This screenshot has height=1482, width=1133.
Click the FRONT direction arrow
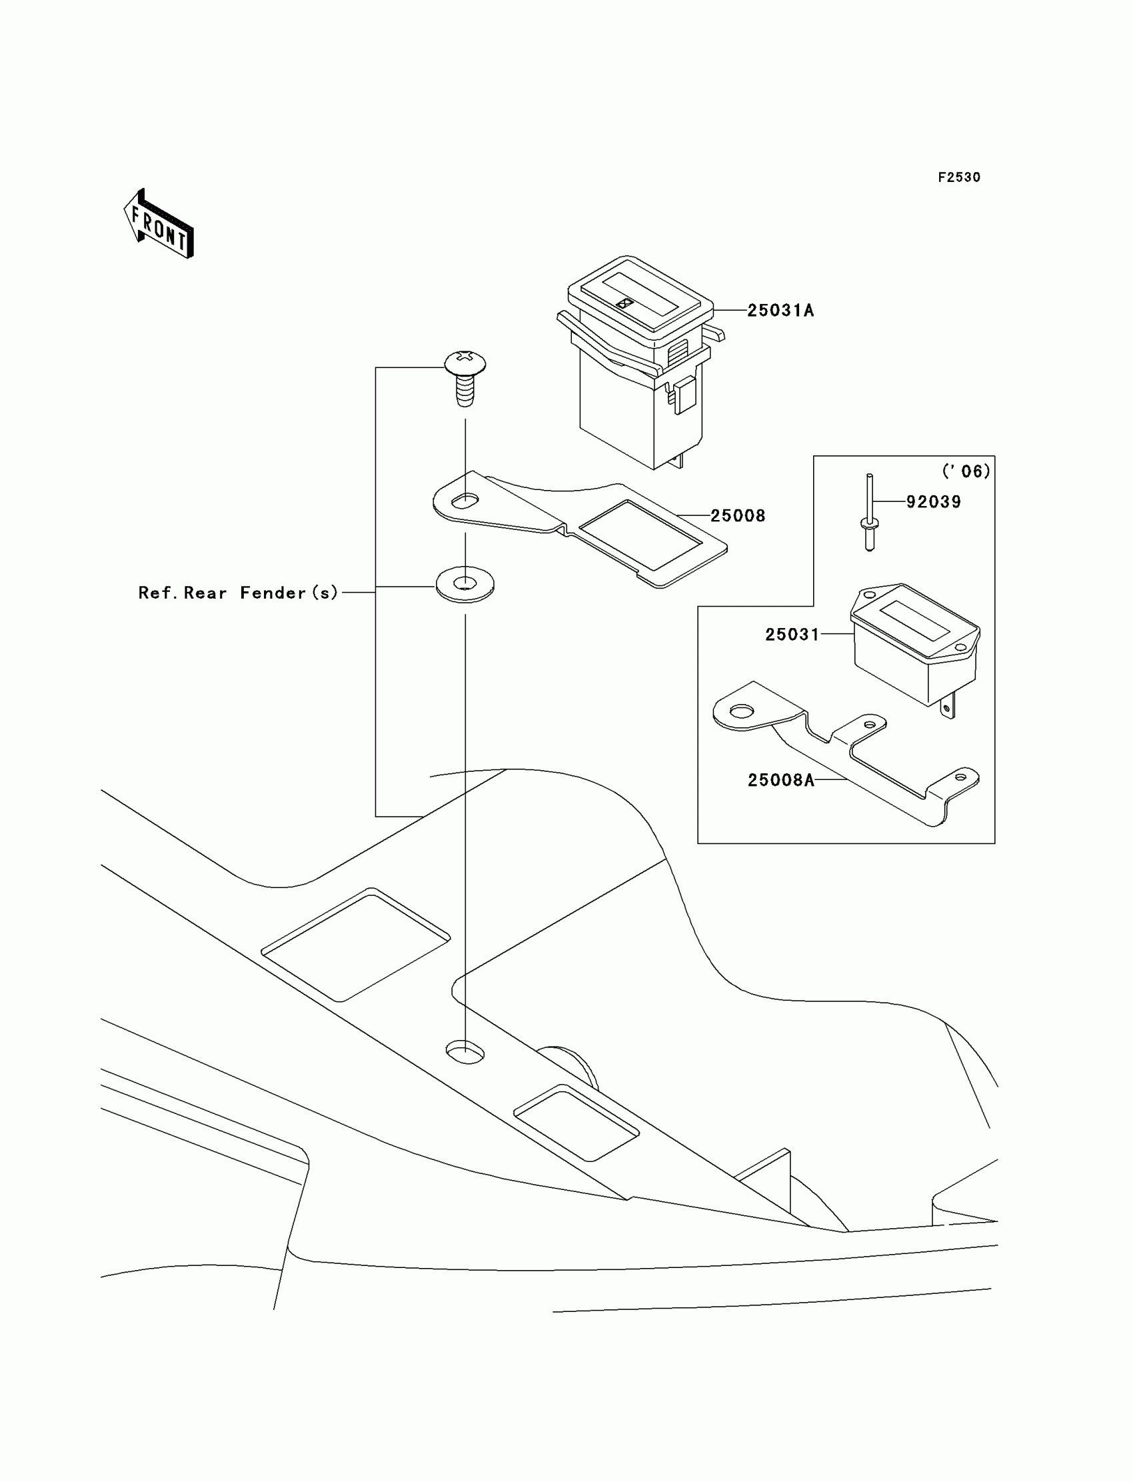point(159,225)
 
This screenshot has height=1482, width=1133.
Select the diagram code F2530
point(958,177)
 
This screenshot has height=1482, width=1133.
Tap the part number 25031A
point(780,310)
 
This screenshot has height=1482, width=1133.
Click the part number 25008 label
point(738,516)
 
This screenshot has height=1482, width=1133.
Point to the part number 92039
point(932,502)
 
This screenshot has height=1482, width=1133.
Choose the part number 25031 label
point(792,635)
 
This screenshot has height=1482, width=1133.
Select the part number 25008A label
point(781,781)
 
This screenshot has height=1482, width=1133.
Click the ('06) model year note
point(966,471)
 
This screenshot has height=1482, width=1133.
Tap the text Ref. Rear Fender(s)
point(237,593)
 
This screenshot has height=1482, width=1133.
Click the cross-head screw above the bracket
point(465,377)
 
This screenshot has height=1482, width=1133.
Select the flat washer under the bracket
point(465,584)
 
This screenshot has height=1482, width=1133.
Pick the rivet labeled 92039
point(870,513)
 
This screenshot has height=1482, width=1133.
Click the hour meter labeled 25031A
point(637,364)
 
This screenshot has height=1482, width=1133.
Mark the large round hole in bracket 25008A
point(742,711)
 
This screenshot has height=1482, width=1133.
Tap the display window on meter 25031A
point(629,295)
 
